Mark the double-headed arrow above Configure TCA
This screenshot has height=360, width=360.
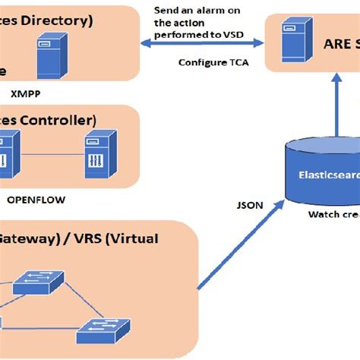pos(201,46)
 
